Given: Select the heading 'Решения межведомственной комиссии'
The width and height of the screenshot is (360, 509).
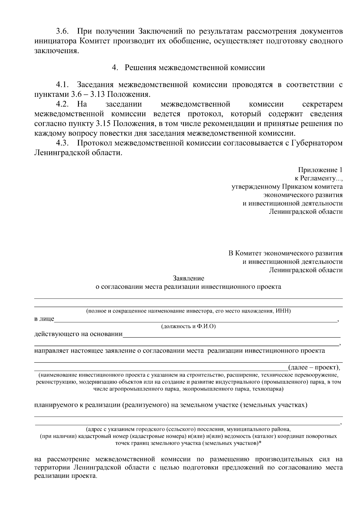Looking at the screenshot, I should coord(195,68).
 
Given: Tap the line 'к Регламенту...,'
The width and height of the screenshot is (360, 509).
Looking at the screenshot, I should coord(318,178).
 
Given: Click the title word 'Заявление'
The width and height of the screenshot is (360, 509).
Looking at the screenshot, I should coord(188,278).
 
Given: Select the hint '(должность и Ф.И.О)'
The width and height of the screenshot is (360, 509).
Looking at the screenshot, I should coord(188,326).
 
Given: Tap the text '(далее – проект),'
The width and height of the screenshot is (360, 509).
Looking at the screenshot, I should coord(314,367).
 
